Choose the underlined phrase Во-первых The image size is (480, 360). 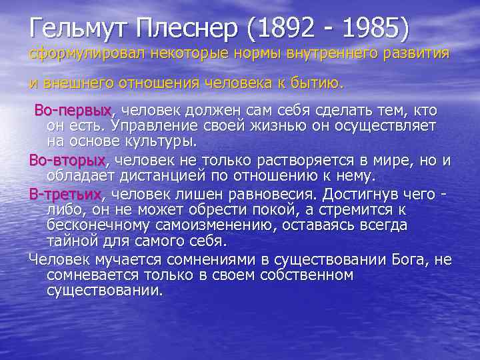point(73,109)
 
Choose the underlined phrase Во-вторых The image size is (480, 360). point(67,160)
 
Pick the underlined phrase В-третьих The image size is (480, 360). point(65,194)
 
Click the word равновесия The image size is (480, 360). point(279,194)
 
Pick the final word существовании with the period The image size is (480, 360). point(105,292)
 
